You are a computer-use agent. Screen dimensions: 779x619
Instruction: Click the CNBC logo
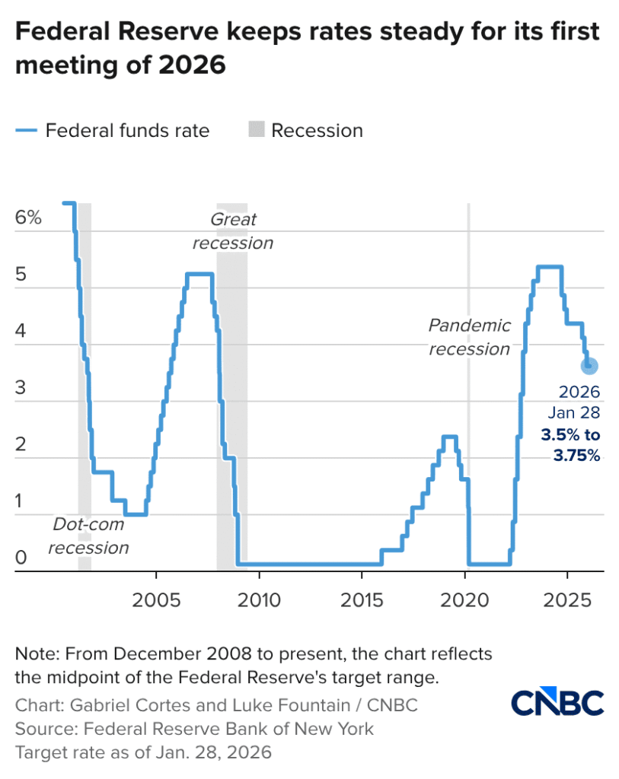pos(557,703)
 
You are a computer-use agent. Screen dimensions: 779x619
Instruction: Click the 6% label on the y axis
pos(28,218)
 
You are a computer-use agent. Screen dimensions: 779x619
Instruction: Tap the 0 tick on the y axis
pos(21,558)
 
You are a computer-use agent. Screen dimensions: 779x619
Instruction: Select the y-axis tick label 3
pos(21,387)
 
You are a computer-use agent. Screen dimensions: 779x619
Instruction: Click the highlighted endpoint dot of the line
pos(589,366)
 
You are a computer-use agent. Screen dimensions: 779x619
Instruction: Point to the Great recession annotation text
pos(233,231)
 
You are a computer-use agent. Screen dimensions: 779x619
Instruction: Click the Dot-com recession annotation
pos(91,536)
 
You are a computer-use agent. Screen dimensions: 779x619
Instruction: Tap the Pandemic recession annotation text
pos(469,337)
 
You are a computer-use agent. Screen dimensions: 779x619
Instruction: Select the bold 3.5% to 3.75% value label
pos(570,446)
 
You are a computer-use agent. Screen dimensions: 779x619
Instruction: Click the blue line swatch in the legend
pos(26,131)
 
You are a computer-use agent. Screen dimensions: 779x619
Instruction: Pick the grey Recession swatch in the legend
pos(256,131)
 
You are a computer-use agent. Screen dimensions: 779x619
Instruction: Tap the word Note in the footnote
pos(36,654)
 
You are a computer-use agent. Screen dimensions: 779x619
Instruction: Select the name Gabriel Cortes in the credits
pos(111,705)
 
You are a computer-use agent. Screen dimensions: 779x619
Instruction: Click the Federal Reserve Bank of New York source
pos(228,729)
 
